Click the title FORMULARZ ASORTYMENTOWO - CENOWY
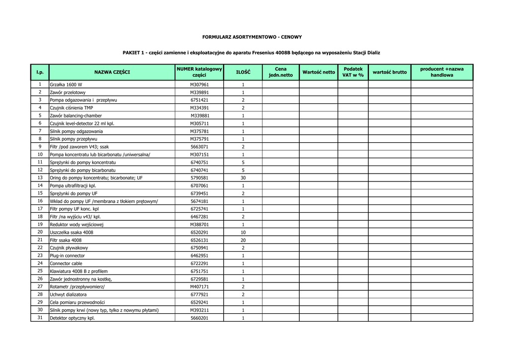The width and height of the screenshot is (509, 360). coord(252,37)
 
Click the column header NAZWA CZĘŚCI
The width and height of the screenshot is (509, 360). coord(112,72)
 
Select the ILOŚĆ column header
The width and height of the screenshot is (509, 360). coord(243,72)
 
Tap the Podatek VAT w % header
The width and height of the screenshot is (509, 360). coord(353,72)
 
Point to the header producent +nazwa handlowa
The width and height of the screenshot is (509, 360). coord(442,72)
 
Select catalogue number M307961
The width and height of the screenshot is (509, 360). coord(199,85)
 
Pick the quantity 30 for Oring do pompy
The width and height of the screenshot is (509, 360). coord(243,178)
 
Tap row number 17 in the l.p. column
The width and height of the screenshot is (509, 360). coord(40,209)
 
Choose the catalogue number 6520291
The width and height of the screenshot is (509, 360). coord(199,232)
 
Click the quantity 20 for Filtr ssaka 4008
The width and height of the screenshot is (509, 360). coord(243,240)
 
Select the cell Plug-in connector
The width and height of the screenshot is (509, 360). coord(67,256)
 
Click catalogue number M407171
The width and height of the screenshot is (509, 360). coord(199,287)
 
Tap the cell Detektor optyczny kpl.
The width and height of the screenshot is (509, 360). coord(72,318)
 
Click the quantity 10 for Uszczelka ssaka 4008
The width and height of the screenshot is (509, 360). coord(243,232)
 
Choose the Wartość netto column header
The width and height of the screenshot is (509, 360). coord(319,72)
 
